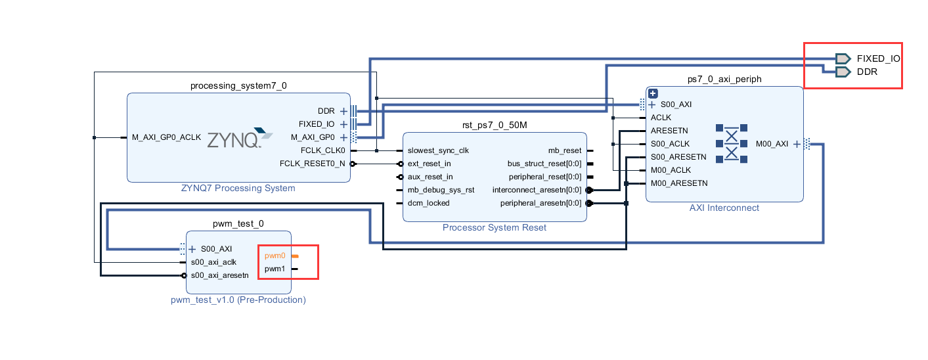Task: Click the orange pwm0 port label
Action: pos(275,256)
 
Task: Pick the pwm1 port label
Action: pos(275,269)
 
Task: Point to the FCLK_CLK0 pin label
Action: pos(323,150)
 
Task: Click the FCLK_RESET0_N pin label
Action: pos(313,164)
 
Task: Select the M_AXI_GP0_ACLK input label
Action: pos(166,137)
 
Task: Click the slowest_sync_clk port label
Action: pos(438,150)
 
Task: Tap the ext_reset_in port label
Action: pos(430,164)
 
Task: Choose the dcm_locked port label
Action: pos(428,203)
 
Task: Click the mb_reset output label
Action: pos(565,150)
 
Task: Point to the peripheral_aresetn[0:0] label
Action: pos(541,203)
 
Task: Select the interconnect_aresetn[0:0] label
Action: pos(537,190)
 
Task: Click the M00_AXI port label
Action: pos(772,144)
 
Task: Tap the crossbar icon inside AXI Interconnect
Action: pos(731,143)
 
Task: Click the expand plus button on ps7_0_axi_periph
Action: pos(653,93)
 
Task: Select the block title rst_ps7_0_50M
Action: pos(495,125)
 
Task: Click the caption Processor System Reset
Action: pos(495,228)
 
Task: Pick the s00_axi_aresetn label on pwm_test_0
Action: pos(220,275)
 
